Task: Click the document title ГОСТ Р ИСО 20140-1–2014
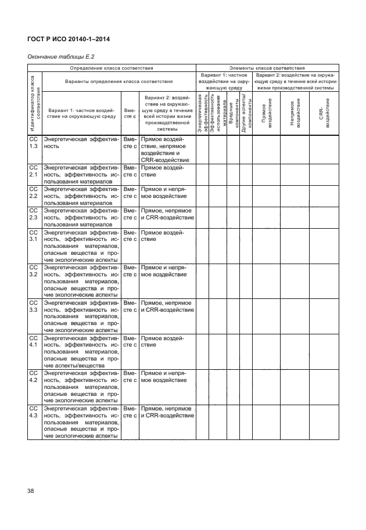coord(69,39)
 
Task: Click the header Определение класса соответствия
coord(111,68)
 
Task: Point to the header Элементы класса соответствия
coord(268,68)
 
